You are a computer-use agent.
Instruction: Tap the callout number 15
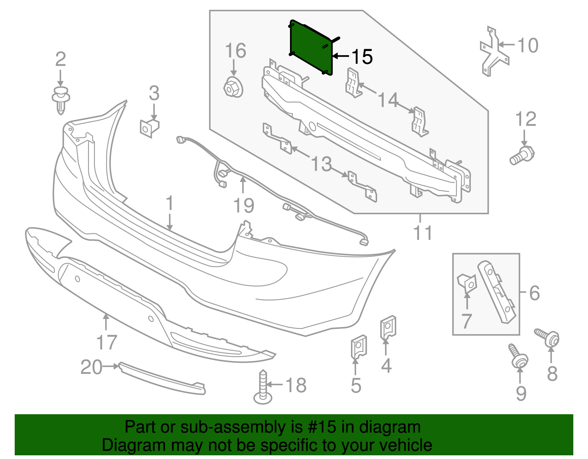[362, 57]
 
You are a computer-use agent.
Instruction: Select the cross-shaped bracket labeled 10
[494, 53]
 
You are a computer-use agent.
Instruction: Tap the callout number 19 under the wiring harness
[244, 206]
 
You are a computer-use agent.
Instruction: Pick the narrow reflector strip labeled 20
[162, 379]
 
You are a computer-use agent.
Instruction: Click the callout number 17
[107, 343]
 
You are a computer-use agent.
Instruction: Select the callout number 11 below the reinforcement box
[423, 233]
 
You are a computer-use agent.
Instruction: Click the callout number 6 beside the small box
[534, 293]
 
